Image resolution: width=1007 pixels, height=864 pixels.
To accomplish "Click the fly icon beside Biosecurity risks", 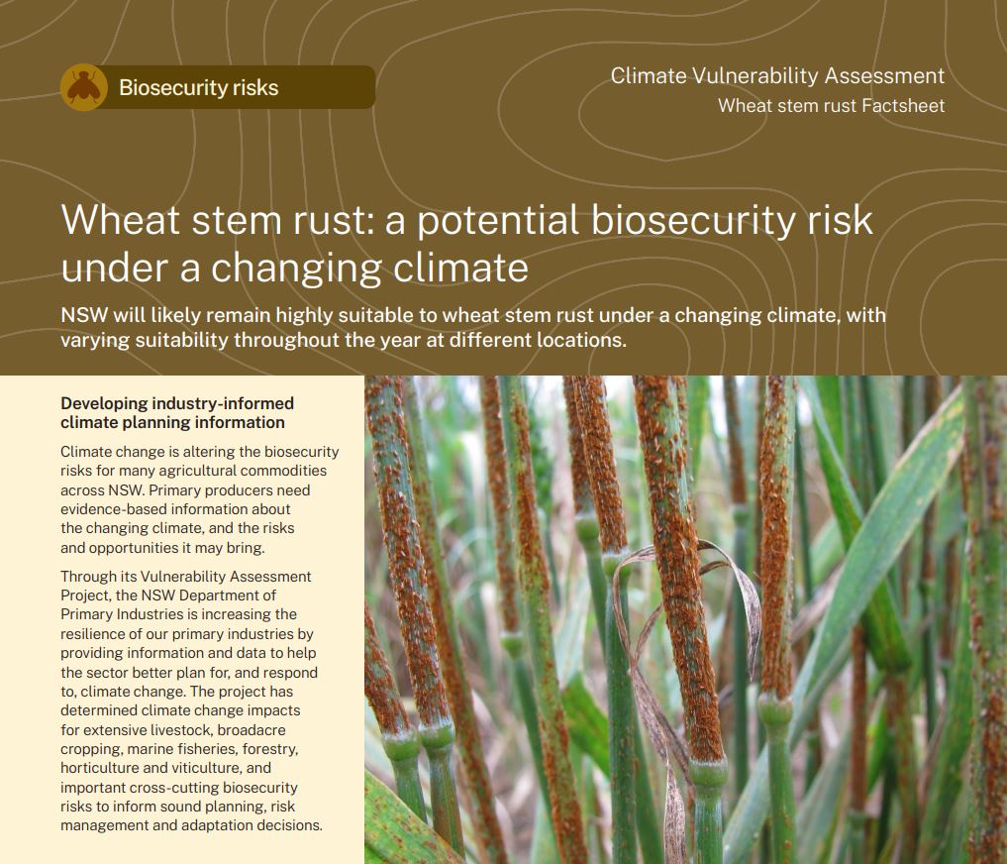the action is tap(84, 87).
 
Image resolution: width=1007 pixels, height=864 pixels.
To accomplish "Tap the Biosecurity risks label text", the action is tap(198, 87).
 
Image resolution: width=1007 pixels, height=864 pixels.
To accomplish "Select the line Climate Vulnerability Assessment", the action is tap(777, 76).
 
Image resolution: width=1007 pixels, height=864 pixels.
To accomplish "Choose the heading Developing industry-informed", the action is tap(177, 403).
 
